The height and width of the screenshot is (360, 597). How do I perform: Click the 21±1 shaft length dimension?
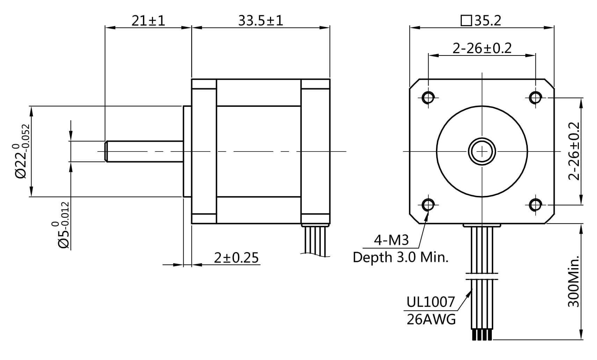click(148, 21)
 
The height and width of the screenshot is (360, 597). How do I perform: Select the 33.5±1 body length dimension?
click(261, 21)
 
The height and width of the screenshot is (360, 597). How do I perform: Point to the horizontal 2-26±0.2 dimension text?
click(482, 48)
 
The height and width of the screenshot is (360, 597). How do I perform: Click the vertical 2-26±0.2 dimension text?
click(574, 151)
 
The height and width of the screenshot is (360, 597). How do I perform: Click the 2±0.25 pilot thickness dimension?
click(236, 258)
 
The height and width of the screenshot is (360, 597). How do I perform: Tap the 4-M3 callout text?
click(391, 240)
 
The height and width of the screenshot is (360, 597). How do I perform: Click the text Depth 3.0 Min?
click(400, 257)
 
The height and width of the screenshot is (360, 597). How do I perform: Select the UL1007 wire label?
click(431, 302)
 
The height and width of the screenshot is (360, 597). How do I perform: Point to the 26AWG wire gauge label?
click(431, 319)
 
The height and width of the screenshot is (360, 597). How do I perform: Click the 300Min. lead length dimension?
click(574, 281)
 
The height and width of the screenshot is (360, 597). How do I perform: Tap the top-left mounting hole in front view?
click(428, 97)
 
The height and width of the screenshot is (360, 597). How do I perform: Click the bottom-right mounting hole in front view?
click(536, 205)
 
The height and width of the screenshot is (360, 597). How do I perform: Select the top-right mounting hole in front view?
click(536, 97)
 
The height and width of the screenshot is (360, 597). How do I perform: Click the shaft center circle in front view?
click(482, 151)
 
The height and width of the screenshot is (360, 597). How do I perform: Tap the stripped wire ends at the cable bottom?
click(482, 335)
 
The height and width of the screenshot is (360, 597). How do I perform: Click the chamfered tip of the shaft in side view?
click(106, 151)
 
